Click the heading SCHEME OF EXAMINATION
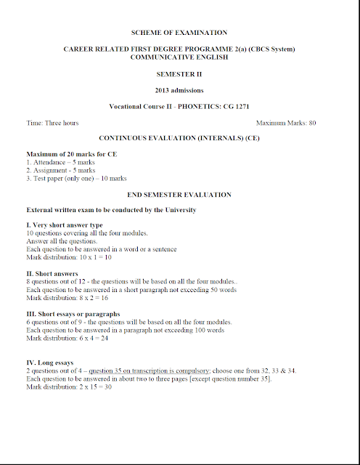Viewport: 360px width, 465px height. [x=179, y=33]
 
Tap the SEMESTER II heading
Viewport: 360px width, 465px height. [x=179, y=73]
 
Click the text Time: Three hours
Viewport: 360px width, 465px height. [x=52, y=123]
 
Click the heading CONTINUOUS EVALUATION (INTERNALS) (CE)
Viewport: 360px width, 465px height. [x=179, y=137]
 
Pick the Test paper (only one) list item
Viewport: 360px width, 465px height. [x=76, y=178]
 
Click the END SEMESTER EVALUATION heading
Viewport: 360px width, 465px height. [x=179, y=195]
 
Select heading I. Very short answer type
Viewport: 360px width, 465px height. [x=65, y=225]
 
